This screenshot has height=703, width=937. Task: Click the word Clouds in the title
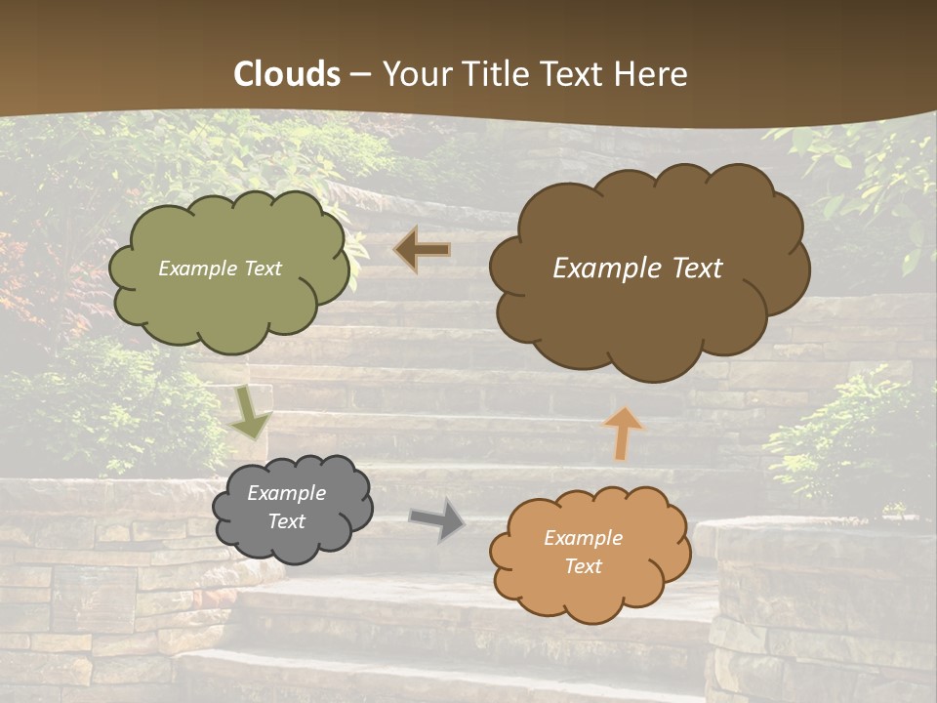coord(287,74)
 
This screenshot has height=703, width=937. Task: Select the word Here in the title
coord(655,74)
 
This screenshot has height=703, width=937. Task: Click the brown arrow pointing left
coord(422,250)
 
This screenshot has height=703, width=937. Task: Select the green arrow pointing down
coord(251,414)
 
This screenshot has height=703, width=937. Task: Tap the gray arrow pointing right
coord(436,519)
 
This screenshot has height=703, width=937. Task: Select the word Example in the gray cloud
coord(286,493)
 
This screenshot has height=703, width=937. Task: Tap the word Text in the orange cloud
coord(583,566)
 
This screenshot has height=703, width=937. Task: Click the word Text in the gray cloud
coord(286,521)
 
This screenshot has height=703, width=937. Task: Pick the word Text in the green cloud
coord(263,269)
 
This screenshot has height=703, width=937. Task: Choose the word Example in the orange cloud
coord(583,538)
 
